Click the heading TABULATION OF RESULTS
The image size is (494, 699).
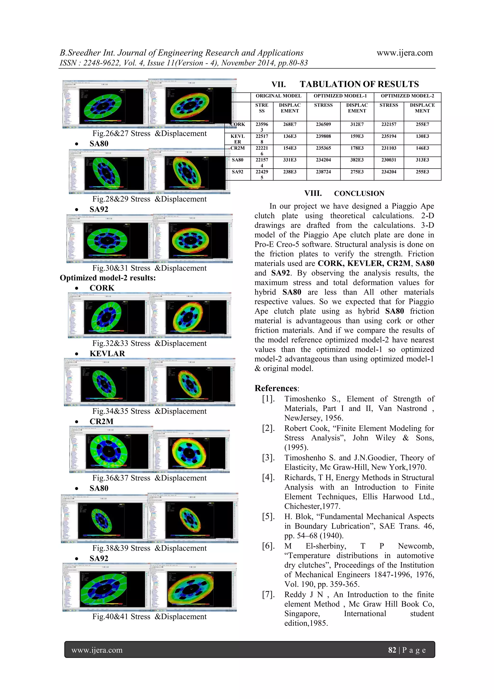[359, 84]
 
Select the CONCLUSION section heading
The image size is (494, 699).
[359, 194]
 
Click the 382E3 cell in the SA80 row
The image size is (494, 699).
[357, 160]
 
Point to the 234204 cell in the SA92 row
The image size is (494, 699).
[389, 172]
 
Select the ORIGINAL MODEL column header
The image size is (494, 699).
[278, 96]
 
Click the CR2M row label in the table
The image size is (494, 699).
[238, 148]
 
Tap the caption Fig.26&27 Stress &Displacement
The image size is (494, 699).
[149, 134]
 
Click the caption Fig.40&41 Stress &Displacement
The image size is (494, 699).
[149, 616]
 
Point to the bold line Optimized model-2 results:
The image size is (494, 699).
[108, 278]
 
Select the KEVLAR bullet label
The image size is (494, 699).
[107, 354]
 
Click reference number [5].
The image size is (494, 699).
[268, 517]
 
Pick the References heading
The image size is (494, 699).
[276, 388]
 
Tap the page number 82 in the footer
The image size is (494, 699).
[392, 650]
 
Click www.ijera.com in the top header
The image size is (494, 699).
[405, 53]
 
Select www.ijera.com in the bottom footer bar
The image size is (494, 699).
[97, 650]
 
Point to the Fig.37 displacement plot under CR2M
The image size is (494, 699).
[191, 452]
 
